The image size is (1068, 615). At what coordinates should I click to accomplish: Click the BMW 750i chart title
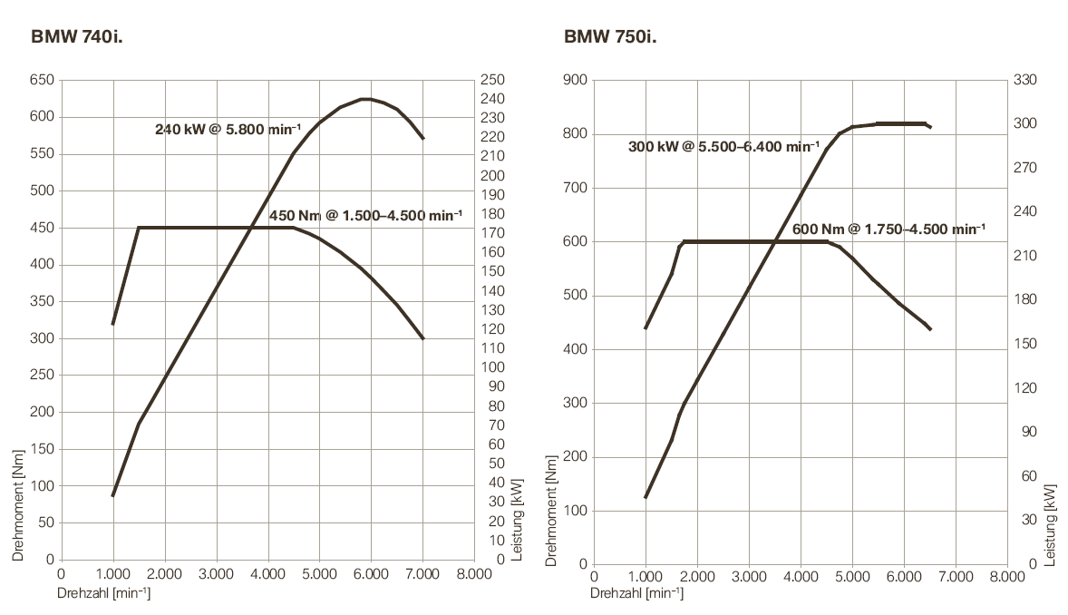pyautogui.click(x=610, y=37)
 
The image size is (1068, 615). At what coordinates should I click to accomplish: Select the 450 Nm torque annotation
pyautogui.click(x=365, y=215)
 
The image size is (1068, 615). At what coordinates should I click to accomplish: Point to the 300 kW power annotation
pyautogui.click(x=723, y=147)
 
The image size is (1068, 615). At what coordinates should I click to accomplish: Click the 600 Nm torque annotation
pyautogui.click(x=888, y=229)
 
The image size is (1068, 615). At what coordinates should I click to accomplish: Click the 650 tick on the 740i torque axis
pyautogui.click(x=40, y=80)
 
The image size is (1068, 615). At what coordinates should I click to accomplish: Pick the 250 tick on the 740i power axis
pyautogui.click(x=493, y=80)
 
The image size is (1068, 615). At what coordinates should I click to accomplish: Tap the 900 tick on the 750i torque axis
pyautogui.click(x=574, y=80)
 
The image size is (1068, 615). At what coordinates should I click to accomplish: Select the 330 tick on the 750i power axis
pyautogui.click(x=1025, y=80)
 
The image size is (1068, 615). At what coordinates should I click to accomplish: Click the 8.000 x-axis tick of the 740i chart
pyautogui.click(x=474, y=574)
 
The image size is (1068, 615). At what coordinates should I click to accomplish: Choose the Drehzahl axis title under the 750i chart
pyautogui.click(x=636, y=594)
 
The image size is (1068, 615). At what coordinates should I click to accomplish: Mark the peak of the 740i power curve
pyautogui.click(x=364, y=99)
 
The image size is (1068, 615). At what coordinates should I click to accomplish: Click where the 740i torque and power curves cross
pyautogui.click(x=250, y=228)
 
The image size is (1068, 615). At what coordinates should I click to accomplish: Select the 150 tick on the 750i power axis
pyautogui.click(x=1025, y=344)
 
